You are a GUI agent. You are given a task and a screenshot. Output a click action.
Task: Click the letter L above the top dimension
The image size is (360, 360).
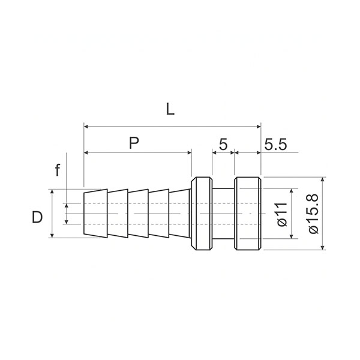click(170, 109)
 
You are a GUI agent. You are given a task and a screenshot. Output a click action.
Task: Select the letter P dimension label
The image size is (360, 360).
click(134, 143)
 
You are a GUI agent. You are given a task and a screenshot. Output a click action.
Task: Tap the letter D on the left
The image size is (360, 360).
click(37, 217)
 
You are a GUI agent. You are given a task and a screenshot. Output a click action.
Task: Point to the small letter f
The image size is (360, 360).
click(58, 170)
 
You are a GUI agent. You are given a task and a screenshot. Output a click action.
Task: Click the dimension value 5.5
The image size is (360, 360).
click(275, 145)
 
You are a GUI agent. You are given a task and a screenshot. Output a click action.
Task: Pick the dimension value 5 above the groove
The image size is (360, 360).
click(223, 145)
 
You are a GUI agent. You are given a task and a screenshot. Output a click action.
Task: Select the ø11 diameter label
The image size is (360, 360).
click(283, 215)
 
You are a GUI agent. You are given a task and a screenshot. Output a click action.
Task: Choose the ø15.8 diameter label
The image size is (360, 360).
click(314, 214)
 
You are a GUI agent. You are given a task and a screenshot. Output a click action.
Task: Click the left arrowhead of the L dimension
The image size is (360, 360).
click(86, 126)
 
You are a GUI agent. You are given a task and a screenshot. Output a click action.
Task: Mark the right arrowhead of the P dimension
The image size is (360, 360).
click(190, 152)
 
